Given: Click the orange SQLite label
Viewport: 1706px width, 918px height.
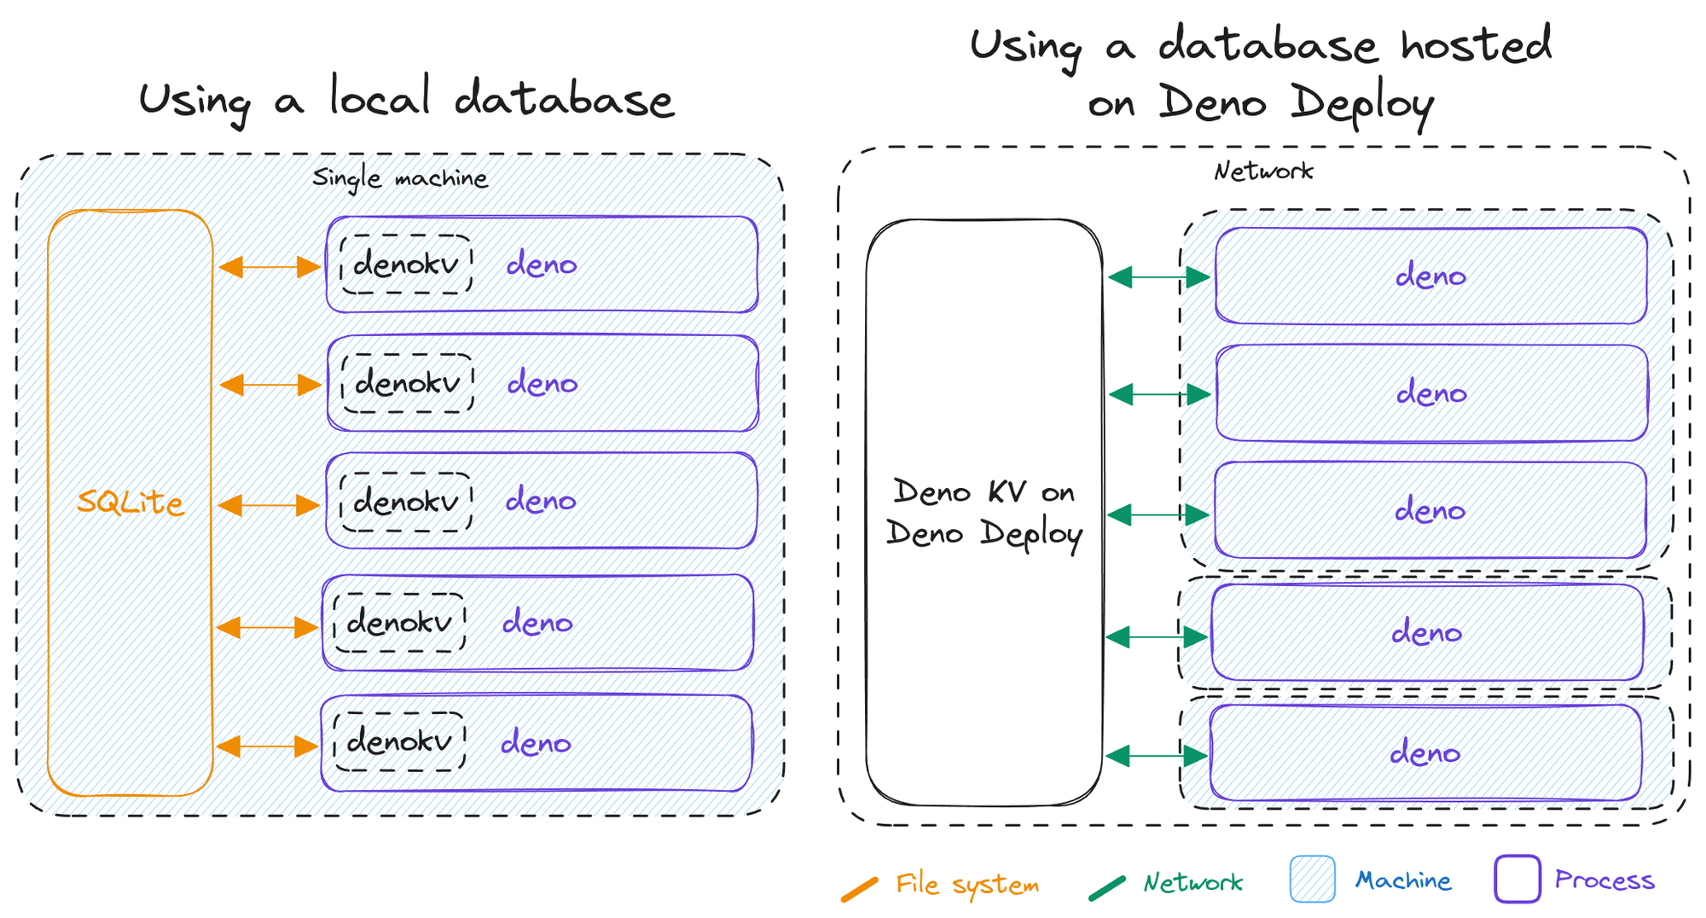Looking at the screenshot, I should pyautogui.click(x=131, y=502).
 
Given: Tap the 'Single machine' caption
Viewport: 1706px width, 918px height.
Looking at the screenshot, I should pyautogui.click(x=400, y=178).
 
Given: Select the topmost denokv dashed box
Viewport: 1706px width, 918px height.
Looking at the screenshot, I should pyautogui.click(x=406, y=264).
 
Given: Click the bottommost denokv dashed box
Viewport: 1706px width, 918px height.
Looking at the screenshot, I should pyautogui.click(x=399, y=741).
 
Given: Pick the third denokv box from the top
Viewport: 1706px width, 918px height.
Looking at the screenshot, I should pyautogui.click(x=406, y=502).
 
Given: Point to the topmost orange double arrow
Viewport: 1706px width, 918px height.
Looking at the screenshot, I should pyautogui.click(x=269, y=267).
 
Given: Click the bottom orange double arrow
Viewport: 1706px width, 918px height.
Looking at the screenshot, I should pyautogui.click(x=267, y=747).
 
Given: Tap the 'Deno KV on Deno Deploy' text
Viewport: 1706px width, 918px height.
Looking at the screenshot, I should pyautogui.click(x=984, y=513).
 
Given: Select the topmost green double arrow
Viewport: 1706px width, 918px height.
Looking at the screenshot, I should pyautogui.click(x=1158, y=277).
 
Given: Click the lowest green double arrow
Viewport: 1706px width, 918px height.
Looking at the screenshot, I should pyautogui.click(x=1156, y=756).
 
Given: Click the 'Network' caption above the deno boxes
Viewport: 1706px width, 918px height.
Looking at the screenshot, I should pyautogui.click(x=1263, y=171).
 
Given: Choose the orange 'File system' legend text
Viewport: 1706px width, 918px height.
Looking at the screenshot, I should pyautogui.click(x=967, y=884).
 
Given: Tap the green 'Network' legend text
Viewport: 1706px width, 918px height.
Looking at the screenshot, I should pyautogui.click(x=1192, y=882).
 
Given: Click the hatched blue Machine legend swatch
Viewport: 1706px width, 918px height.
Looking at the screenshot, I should pyautogui.click(x=1312, y=880).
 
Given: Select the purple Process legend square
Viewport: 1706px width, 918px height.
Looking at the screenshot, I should pyautogui.click(x=1517, y=879).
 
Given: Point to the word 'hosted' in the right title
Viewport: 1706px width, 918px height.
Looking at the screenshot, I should pyautogui.click(x=1476, y=44).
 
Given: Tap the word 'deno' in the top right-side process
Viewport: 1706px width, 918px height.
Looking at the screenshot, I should pyautogui.click(x=1430, y=276).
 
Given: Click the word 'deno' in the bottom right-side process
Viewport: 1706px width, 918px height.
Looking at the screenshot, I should pyautogui.click(x=1425, y=753).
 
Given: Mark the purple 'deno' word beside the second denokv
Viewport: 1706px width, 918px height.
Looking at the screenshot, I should pyautogui.click(x=543, y=384).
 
